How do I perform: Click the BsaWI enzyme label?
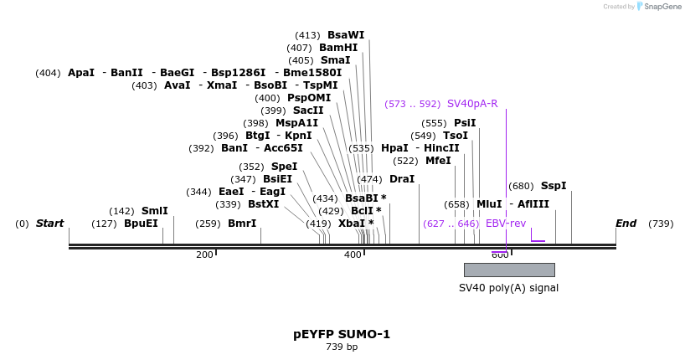click(346, 35)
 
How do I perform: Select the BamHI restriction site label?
click(338, 48)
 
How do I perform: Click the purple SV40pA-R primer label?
click(472, 104)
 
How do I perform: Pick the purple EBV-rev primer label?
click(506, 224)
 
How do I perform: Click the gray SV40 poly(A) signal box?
click(509, 270)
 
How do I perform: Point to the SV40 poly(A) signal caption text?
click(508, 288)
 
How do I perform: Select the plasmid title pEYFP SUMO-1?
click(342, 334)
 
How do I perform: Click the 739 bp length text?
click(342, 347)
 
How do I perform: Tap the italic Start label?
click(49, 224)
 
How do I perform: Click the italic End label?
click(626, 224)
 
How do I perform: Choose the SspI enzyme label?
click(554, 186)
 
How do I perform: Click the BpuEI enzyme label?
click(141, 224)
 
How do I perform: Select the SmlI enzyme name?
click(154, 211)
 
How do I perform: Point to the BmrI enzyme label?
click(242, 224)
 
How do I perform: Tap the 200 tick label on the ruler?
click(204, 255)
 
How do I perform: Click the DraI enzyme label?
click(402, 179)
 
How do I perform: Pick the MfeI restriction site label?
click(438, 161)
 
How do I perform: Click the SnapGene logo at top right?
click(660, 7)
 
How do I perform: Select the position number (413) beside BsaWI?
click(307, 35)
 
